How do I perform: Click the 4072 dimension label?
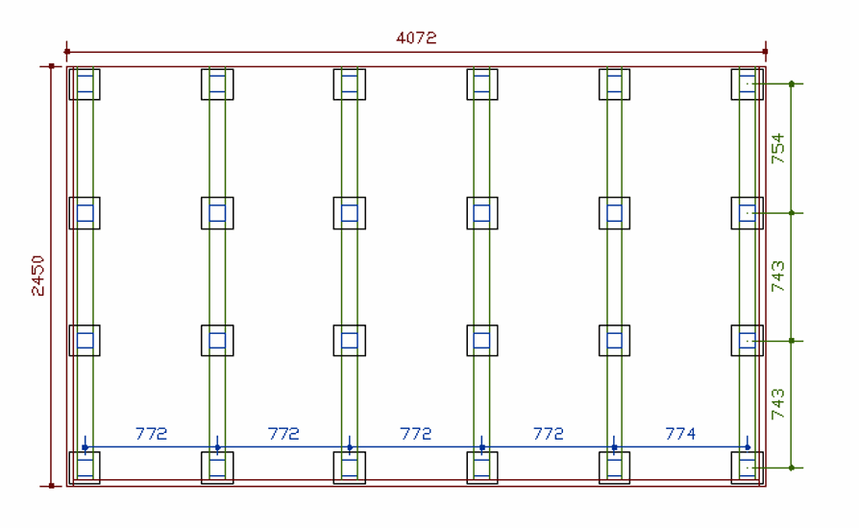click(416, 38)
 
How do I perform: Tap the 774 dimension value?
click(680, 434)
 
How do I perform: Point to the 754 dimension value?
click(777, 149)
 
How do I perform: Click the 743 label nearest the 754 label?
click(777, 276)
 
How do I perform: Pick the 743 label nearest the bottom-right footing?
click(777, 404)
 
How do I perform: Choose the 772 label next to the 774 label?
click(548, 434)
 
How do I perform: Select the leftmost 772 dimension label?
click(151, 434)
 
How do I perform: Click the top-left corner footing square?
click(85, 84)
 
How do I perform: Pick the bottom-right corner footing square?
click(747, 468)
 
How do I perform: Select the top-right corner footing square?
click(747, 84)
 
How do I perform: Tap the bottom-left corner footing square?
click(85, 468)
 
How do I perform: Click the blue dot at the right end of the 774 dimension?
click(747, 447)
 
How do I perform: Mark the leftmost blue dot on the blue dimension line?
click(85, 447)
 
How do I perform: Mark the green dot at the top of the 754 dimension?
click(791, 84)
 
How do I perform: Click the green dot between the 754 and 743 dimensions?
click(791, 212)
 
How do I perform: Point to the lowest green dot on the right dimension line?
click(791, 468)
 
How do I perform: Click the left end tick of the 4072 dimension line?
click(66, 52)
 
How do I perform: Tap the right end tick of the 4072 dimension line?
click(765, 52)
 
